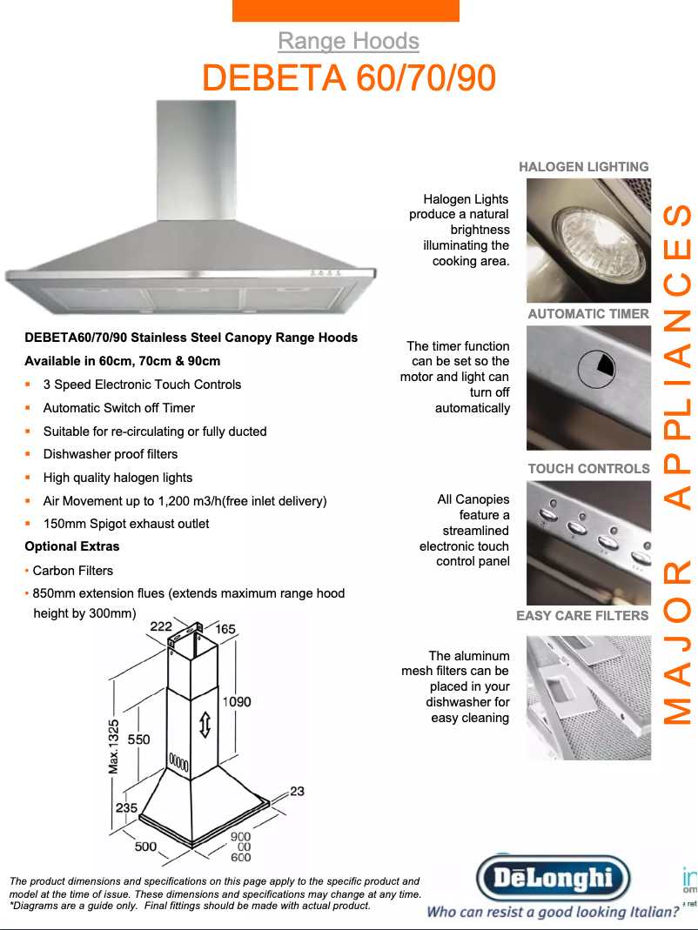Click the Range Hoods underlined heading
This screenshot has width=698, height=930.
pyautogui.click(x=348, y=41)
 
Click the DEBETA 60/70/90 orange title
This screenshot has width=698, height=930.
pyautogui.click(x=349, y=77)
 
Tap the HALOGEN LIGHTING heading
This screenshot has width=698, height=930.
pyautogui.click(x=584, y=167)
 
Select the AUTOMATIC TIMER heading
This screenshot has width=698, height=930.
pyautogui.click(x=589, y=314)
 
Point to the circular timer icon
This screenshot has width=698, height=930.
pyautogui.click(x=596, y=369)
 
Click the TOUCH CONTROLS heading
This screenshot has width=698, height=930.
pyautogui.click(x=589, y=469)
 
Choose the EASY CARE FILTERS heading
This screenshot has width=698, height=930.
pyautogui.click(x=582, y=616)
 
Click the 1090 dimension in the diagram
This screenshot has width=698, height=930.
pyautogui.click(x=237, y=702)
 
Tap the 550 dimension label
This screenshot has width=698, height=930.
pyautogui.click(x=139, y=739)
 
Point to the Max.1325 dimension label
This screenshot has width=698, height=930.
pyautogui.click(x=113, y=746)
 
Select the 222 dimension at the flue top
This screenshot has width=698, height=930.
pyautogui.click(x=161, y=626)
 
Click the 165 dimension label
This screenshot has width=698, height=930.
pyautogui.click(x=225, y=629)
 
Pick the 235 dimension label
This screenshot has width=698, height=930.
pyautogui.click(x=126, y=808)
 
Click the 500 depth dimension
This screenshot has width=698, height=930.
pyautogui.click(x=145, y=846)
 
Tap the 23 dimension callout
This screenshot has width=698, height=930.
pyautogui.click(x=298, y=791)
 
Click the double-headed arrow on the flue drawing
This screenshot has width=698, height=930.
pyautogui.click(x=205, y=724)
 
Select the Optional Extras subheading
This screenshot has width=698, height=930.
pyautogui.click(x=72, y=546)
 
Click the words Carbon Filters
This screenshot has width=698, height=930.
pyautogui.click(x=72, y=571)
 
